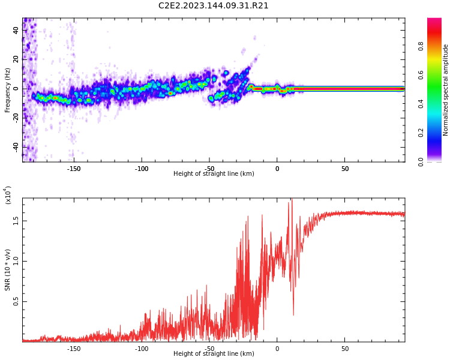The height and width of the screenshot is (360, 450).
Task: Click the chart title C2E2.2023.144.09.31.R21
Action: (214, 6)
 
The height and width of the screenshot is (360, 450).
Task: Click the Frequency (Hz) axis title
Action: (8, 90)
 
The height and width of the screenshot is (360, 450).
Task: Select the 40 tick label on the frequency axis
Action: (16, 30)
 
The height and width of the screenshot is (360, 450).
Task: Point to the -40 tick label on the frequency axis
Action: (15, 146)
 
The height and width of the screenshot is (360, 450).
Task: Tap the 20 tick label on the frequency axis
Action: (16, 59)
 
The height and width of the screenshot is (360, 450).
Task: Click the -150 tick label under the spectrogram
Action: (74, 169)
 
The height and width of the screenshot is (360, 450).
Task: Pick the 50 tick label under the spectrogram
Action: (345, 169)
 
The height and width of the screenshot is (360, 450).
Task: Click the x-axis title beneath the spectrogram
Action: (214, 174)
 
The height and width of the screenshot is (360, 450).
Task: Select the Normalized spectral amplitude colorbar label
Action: (446, 90)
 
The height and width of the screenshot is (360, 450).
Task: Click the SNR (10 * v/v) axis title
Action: (8, 270)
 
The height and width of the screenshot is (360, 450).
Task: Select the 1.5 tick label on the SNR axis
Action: (16, 221)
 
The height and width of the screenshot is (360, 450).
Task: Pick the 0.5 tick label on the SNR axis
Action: (16, 301)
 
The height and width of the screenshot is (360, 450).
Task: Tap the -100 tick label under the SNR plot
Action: (142, 349)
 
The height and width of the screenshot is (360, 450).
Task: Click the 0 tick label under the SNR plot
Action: (277, 349)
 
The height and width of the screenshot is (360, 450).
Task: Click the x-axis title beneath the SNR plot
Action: (214, 354)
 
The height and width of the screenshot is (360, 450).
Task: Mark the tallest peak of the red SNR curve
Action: (292, 200)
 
